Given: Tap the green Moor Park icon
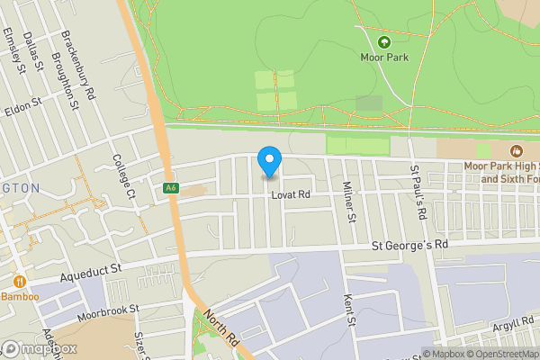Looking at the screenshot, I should pyautogui.click(x=384, y=41).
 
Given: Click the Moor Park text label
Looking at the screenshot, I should pyautogui.click(x=384, y=57).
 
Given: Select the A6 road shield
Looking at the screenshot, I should pyautogui.click(x=170, y=188).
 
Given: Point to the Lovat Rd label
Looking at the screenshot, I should pyautogui.click(x=291, y=194).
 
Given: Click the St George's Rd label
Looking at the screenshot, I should pyautogui.click(x=409, y=245).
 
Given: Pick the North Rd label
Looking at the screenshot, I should pyautogui.click(x=219, y=327).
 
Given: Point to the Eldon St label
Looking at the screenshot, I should pyautogui.click(x=23, y=105).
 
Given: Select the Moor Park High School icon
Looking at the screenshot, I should pyautogui.click(x=516, y=151).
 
